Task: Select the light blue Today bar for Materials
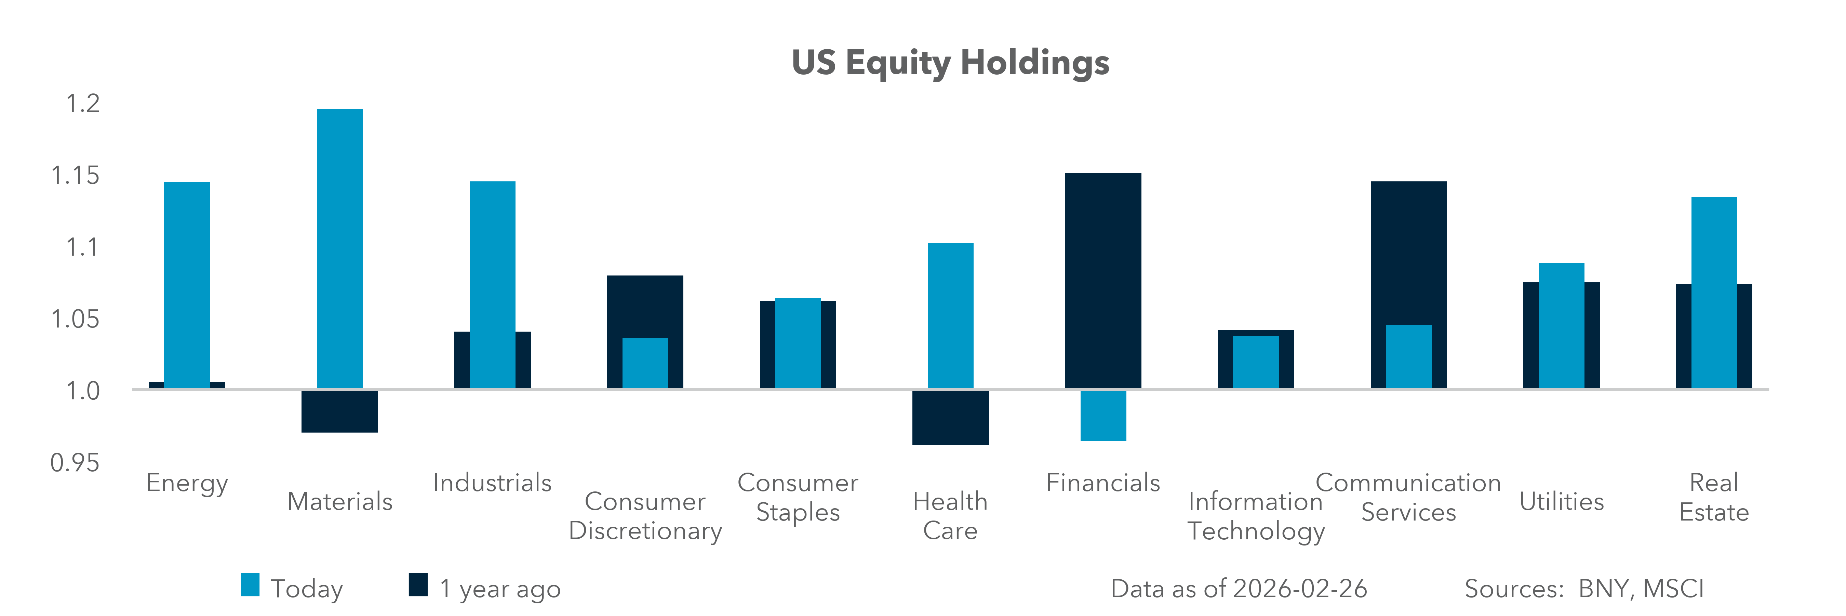pyautogui.click(x=340, y=248)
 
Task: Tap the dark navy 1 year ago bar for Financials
pyautogui.click(x=1103, y=280)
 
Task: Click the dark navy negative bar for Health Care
pyautogui.click(x=950, y=418)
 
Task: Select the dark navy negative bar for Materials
pyautogui.click(x=340, y=411)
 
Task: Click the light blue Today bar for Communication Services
pyautogui.click(x=1408, y=356)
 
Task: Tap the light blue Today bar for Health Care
pyautogui.click(x=950, y=316)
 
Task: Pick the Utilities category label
pyautogui.click(x=1562, y=501)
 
